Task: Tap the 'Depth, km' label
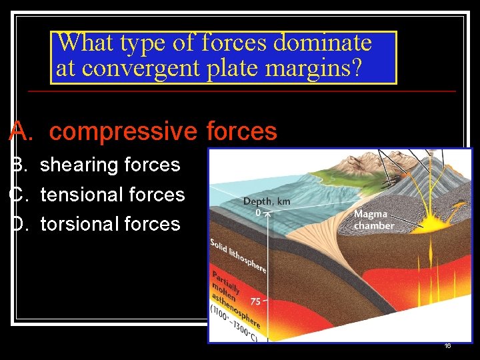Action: tap(266, 201)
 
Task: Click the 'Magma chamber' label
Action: tap(373, 219)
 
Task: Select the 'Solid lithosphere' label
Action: tap(238, 255)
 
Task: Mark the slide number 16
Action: tap(447, 346)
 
